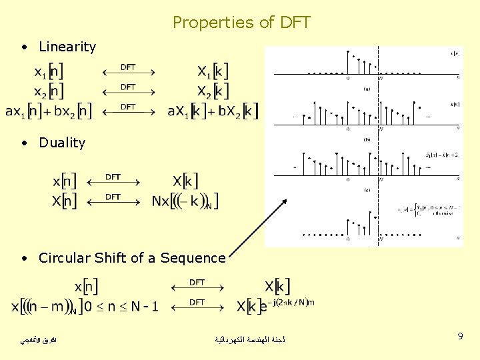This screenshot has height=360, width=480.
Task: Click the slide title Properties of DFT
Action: tap(241, 23)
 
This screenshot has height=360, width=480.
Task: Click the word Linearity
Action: tap(67, 47)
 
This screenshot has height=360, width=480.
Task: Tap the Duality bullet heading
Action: tap(62, 143)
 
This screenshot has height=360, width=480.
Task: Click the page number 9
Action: tap(460, 337)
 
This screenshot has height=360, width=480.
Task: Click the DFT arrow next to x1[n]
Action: tap(128, 71)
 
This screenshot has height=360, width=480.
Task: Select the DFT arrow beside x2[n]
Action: tap(128, 90)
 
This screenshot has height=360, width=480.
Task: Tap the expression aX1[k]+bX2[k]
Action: tap(213, 111)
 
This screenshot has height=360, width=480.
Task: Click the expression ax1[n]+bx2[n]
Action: tap(48, 111)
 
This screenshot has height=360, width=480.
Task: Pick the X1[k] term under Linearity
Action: tap(213, 71)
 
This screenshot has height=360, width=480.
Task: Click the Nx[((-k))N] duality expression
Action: tap(185, 201)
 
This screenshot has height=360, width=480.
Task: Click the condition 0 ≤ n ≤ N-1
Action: tap(121, 307)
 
